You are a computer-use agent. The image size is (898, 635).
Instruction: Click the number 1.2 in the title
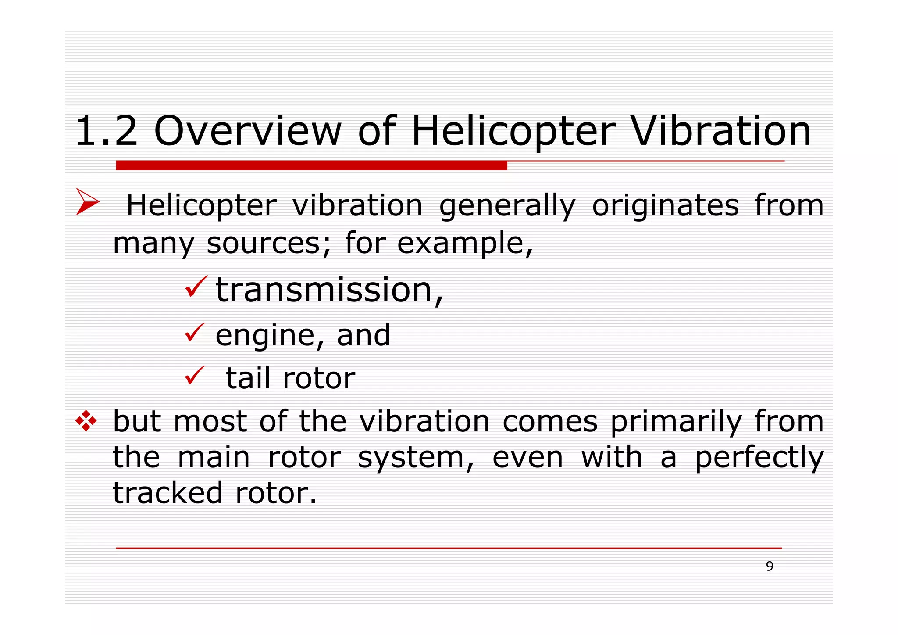[107, 131]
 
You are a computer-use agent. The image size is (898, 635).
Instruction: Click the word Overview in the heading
[248, 131]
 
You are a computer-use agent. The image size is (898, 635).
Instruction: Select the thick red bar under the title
[311, 165]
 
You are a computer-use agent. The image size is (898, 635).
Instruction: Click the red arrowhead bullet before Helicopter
[87, 202]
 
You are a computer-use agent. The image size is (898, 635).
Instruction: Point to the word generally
[507, 206]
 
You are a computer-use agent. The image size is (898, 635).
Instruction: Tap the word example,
[465, 244]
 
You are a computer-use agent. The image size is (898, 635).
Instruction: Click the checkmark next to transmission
[195, 287]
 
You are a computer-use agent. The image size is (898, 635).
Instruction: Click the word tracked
[168, 493]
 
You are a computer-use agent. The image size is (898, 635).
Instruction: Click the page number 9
[770, 566]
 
